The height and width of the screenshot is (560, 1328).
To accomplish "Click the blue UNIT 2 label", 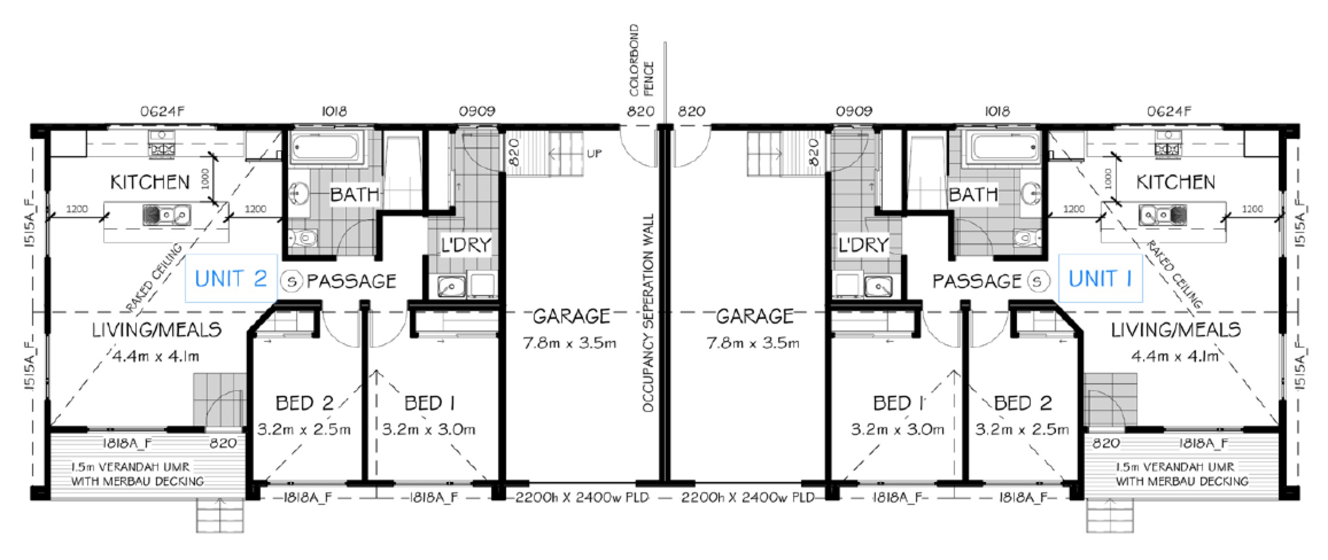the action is (x=231, y=279).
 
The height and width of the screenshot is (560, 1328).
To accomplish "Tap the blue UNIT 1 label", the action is (x=1100, y=279).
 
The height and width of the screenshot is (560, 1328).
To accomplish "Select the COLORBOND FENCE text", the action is (x=641, y=60).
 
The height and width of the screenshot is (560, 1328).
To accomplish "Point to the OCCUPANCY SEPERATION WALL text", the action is (x=648, y=313).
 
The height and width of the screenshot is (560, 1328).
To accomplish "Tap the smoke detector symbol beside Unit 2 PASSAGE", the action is (x=292, y=281).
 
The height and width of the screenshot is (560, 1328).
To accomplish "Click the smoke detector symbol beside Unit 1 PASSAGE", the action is (x=1037, y=281).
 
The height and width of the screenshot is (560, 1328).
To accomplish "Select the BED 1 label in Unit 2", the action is (x=429, y=403).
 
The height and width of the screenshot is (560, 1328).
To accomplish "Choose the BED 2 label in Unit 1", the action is (x=1023, y=403).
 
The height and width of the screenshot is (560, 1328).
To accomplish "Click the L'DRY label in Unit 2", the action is (x=465, y=245).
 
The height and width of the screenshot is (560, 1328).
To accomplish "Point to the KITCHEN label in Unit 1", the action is (x=1176, y=182).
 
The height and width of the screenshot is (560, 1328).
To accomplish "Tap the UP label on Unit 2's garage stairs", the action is (x=594, y=154).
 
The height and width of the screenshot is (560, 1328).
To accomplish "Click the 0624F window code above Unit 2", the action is (x=162, y=111).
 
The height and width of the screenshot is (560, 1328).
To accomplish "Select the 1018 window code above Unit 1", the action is (x=996, y=111).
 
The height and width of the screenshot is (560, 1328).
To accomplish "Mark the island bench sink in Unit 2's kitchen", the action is (x=166, y=215).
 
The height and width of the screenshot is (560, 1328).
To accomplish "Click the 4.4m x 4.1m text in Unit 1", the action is (x=1174, y=356).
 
